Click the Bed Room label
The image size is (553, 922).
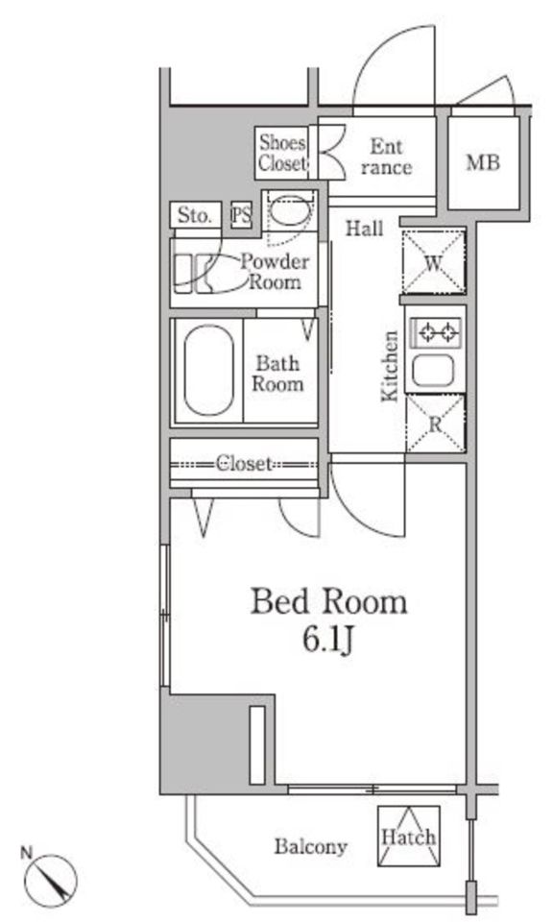pos(328,603)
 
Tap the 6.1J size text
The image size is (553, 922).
pos(328,640)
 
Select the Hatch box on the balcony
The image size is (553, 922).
pos(408,837)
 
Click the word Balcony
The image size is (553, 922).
pos(311,847)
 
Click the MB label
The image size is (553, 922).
pos(483,162)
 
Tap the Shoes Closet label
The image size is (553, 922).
pos(282,153)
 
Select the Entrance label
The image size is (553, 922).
pos(386,157)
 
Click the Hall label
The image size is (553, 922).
pos(365,229)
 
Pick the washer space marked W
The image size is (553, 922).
pos(434,263)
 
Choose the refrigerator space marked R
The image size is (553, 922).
pos(436,424)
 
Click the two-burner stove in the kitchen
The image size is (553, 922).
pos(436,333)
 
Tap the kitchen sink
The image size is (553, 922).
pos(433,371)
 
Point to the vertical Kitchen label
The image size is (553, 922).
pos(390,366)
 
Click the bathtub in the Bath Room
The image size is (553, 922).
pos(208,371)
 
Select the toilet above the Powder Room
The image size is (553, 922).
pos(290,211)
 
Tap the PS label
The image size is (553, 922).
pos(241,216)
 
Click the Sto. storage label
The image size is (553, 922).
pos(195,215)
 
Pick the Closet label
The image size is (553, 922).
pos(243,464)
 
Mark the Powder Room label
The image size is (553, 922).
pos(275,272)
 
